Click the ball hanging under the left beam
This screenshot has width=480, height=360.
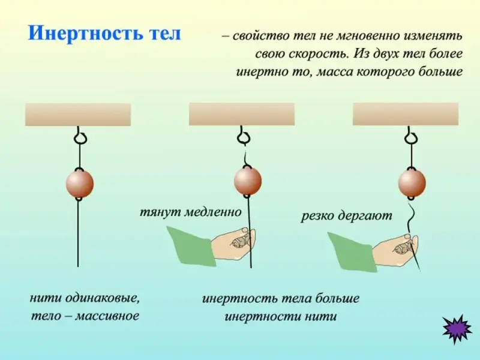click(x=80, y=184)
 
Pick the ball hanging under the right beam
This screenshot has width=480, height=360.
click(x=412, y=182)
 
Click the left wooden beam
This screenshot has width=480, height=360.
click(x=78, y=114)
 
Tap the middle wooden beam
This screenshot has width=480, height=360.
click(x=242, y=114)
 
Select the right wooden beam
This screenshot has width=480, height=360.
click(x=406, y=114)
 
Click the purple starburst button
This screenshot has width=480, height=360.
click(x=457, y=328)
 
